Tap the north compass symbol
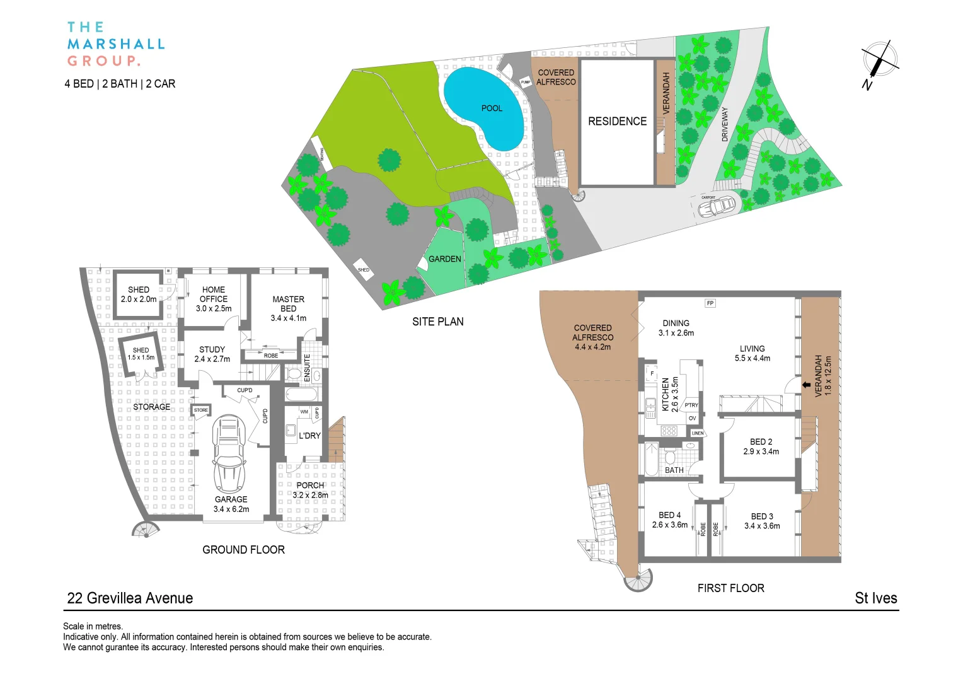pyautogui.click(x=879, y=61)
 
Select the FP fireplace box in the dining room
pyautogui.click(x=710, y=303)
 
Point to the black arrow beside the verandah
pyautogui.click(x=806, y=385)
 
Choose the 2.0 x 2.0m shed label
pyautogui.click(x=139, y=294)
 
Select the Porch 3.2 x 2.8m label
pyautogui.click(x=310, y=490)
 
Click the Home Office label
pyautogui.click(x=214, y=299)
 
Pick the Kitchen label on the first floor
pyautogui.click(x=666, y=395)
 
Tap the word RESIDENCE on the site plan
pyautogui.click(x=617, y=121)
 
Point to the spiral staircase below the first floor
pyautogui.click(x=638, y=579)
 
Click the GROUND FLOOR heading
pyautogui.click(x=243, y=550)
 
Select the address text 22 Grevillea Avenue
pyautogui.click(x=130, y=598)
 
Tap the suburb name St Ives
pyautogui.click(x=875, y=598)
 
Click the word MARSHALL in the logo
pyautogui.click(x=116, y=44)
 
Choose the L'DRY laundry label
pyautogui.click(x=309, y=436)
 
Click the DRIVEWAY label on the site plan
pyautogui.click(x=724, y=124)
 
